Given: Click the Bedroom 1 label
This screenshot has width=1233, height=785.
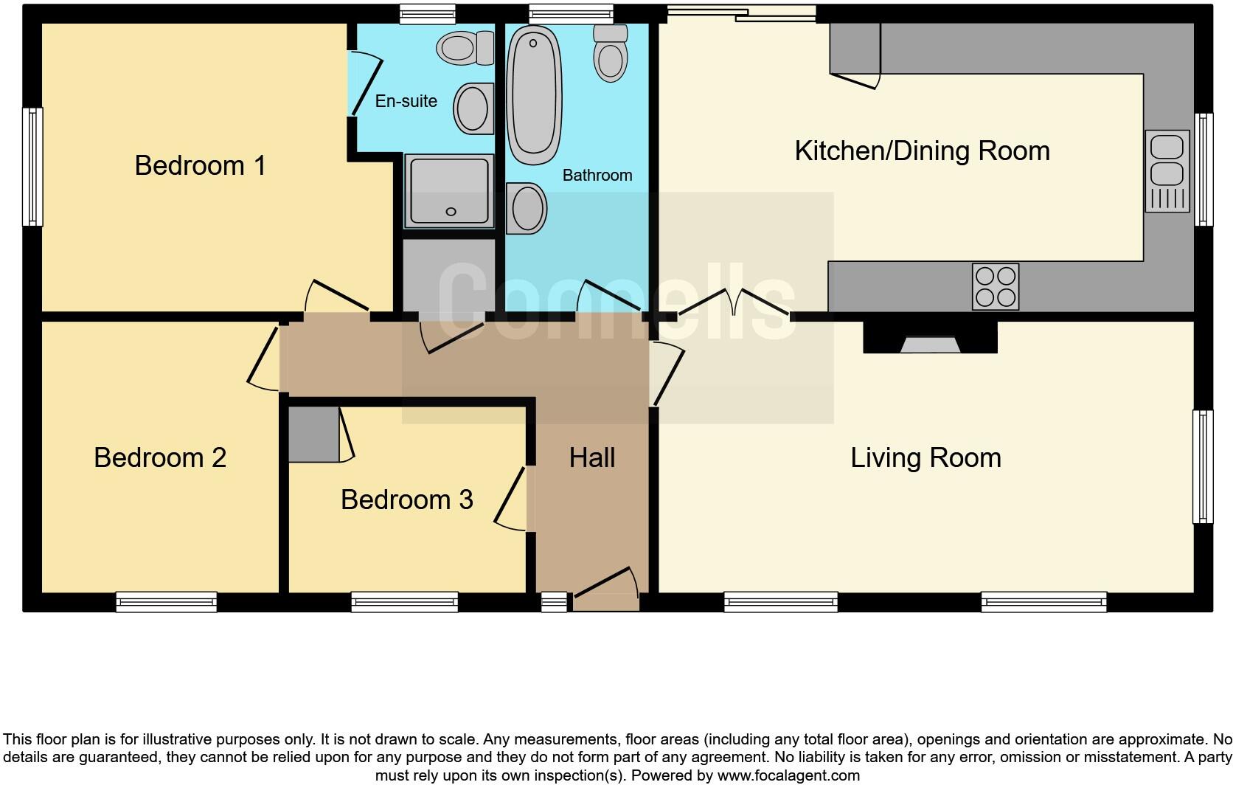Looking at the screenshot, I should pyautogui.click(x=200, y=165).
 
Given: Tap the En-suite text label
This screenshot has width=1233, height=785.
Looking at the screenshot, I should pyautogui.click(x=406, y=101).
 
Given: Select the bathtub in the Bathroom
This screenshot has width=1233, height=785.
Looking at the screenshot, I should pyautogui.click(x=535, y=94).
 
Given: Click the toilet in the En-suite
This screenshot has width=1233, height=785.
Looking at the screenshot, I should pyautogui.click(x=465, y=48).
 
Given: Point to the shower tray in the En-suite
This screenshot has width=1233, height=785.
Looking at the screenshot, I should pyautogui.click(x=448, y=191).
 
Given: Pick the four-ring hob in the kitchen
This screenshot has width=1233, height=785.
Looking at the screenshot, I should pyautogui.click(x=996, y=286).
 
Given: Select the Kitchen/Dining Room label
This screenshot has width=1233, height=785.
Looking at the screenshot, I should pyautogui.click(x=922, y=151).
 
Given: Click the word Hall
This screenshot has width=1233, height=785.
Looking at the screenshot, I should pyautogui.click(x=591, y=457).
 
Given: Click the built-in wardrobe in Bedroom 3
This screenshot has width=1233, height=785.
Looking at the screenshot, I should pyautogui.click(x=313, y=435).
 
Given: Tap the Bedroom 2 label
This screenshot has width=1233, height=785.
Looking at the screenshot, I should pyautogui.click(x=160, y=457).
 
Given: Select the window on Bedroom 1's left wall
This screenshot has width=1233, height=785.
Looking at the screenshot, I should pyautogui.click(x=32, y=166).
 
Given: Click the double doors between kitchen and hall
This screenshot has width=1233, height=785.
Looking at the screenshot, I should pyautogui.click(x=734, y=302).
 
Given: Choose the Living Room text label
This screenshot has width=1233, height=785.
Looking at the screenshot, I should pyautogui.click(x=925, y=457).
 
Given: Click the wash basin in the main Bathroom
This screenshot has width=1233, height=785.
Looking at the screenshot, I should pyautogui.click(x=527, y=208).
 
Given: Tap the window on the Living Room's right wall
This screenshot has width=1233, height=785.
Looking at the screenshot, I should pyautogui.click(x=1203, y=466).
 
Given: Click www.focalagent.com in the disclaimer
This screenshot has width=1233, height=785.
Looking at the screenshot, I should pyautogui.click(x=788, y=775).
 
